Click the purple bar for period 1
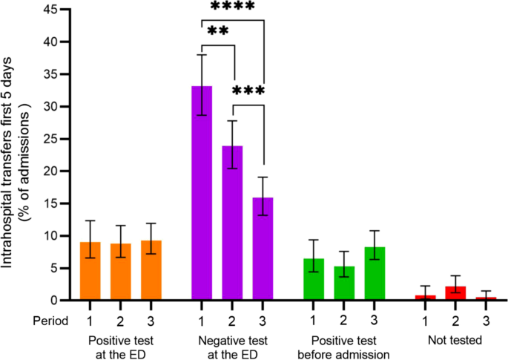pyautogui.click(x=202, y=193)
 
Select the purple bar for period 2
pyautogui.click(x=233, y=223)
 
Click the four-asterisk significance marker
pyautogui.click(x=233, y=7)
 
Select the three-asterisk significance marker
pyautogui.click(x=248, y=92)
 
